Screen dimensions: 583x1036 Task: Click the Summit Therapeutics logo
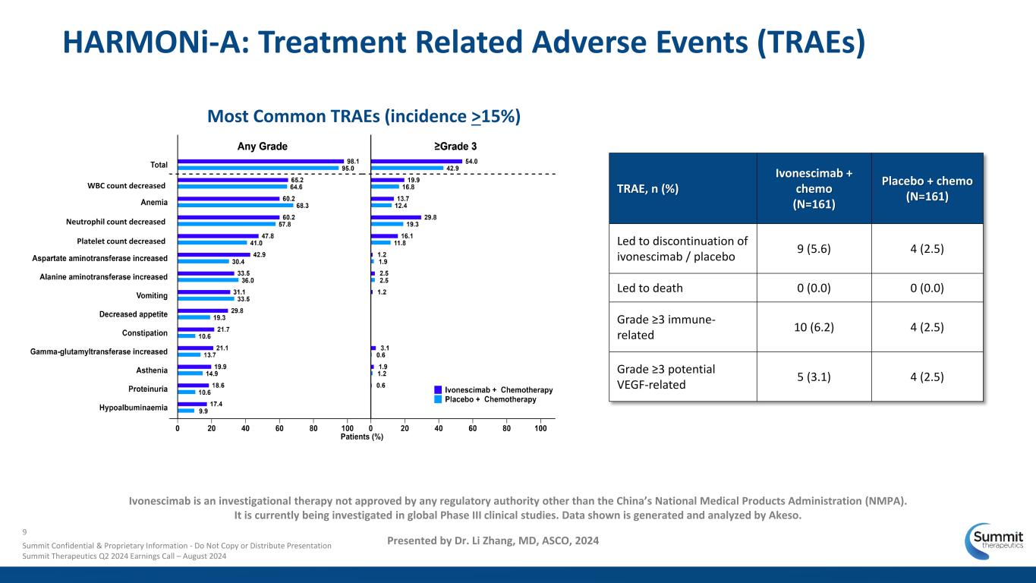point(993,540)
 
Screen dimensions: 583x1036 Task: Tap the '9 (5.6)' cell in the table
point(814,249)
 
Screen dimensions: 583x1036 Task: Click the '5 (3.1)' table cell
point(814,376)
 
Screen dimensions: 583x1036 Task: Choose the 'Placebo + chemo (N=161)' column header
point(927,188)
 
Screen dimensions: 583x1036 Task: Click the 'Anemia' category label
point(154,203)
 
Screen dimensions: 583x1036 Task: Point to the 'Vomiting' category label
point(151,296)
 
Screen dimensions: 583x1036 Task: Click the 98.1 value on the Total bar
point(353,161)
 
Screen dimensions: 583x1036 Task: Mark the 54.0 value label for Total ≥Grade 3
point(471,161)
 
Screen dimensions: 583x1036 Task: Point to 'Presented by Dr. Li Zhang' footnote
point(493,540)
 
